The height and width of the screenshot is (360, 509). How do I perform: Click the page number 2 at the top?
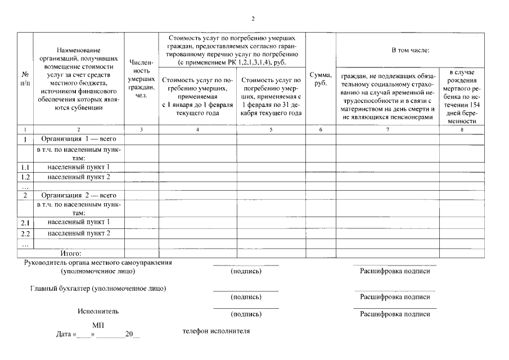(x=253, y=19)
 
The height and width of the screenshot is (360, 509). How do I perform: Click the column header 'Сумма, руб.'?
(x=321, y=78)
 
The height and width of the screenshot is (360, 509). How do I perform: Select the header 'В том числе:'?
(x=410, y=51)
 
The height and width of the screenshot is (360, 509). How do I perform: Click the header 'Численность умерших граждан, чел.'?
(x=141, y=78)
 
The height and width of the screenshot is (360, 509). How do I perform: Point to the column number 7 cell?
(x=388, y=129)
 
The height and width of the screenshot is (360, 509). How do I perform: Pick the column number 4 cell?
(x=197, y=129)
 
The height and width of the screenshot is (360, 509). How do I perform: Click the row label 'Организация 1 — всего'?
(x=79, y=138)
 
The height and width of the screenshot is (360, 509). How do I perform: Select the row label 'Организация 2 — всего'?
(x=79, y=195)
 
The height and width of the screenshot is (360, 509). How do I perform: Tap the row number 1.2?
(x=25, y=177)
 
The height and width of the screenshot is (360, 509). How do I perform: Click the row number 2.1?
(x=25, y=223)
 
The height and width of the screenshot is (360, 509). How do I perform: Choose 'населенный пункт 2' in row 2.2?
(x=79, y=232)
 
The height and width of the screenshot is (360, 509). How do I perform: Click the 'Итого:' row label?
(x=71, y=254)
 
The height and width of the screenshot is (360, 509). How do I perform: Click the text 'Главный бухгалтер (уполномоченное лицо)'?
(x=98, y=289)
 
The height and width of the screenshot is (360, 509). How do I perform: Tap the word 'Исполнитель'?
(x=98, y=310)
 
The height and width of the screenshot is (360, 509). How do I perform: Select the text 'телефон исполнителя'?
(x=216, y=331)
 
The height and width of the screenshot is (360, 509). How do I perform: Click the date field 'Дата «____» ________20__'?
(x=98, y=334)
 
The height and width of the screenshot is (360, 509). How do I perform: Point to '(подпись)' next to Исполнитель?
(x=246, y=314)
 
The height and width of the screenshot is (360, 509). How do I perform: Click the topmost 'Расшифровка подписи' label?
(x=394, y=271)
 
